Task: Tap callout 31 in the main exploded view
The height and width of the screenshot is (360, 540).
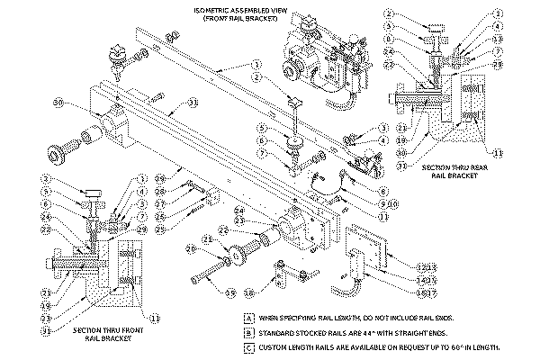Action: [x=193, y=103]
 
